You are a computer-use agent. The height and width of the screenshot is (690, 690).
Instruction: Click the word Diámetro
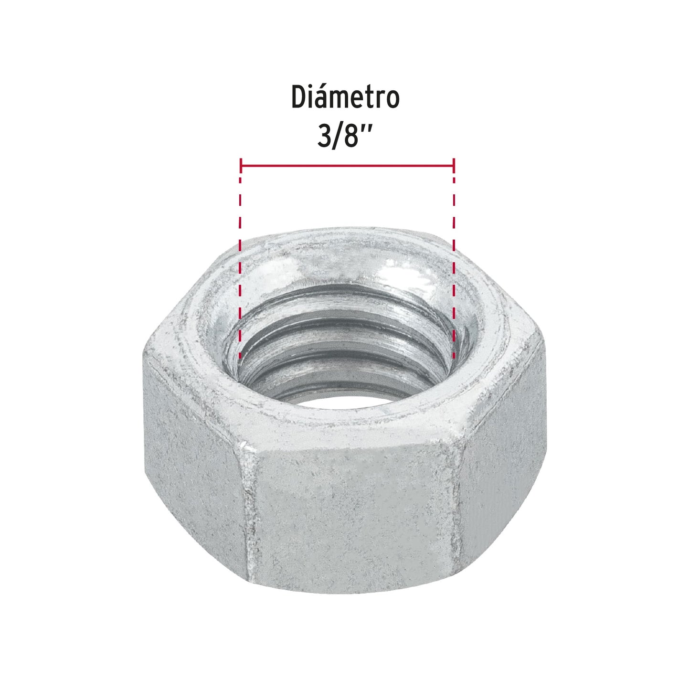[x=345, y=98]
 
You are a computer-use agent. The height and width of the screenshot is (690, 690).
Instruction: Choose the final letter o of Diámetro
[x=391, y=100]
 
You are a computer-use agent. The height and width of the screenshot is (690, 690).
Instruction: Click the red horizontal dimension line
[x=347, y=166]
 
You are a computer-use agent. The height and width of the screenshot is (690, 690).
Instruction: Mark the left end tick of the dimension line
[x=241, y=166]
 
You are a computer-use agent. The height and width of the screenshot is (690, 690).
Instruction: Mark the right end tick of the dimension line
[x=454, y=166]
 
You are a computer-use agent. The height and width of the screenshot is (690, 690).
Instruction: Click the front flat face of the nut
[x=353, y=516]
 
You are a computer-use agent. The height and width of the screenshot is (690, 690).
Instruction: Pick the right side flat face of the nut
[x=501, y=458]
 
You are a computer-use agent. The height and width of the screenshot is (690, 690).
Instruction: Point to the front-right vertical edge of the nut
[x=459, y=506]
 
